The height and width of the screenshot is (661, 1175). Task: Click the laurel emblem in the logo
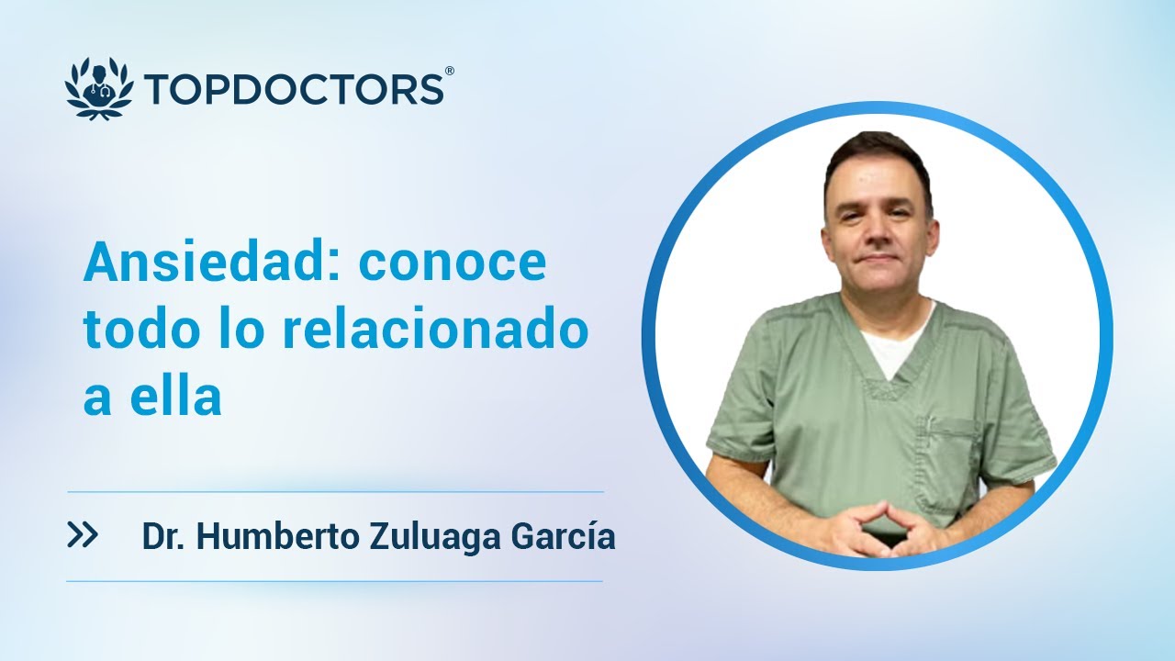(x=99, y=88)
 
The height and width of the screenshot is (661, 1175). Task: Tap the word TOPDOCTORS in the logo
(x=294, y=89)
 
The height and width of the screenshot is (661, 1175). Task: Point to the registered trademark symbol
(x=449, y=71)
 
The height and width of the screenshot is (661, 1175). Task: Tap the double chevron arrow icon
(x=83, y=536)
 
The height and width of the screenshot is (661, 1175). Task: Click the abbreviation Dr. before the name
(x=164, y=537)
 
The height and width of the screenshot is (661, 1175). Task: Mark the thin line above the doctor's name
(x=335, y=492)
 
